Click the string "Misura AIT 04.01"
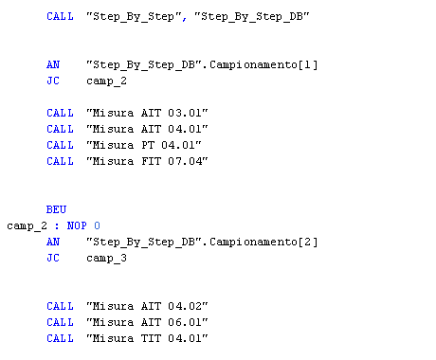click(147, 129)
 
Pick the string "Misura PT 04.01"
click(143, 145)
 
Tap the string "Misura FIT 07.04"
click(147, 161)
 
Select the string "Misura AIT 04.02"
click(147, 306)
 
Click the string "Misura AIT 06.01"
click(147, 322)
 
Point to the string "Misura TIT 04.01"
click(147, 338)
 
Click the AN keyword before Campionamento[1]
click(53, 64)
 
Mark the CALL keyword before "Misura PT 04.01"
click(60, 145)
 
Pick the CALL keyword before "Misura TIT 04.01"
click(60, 338)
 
